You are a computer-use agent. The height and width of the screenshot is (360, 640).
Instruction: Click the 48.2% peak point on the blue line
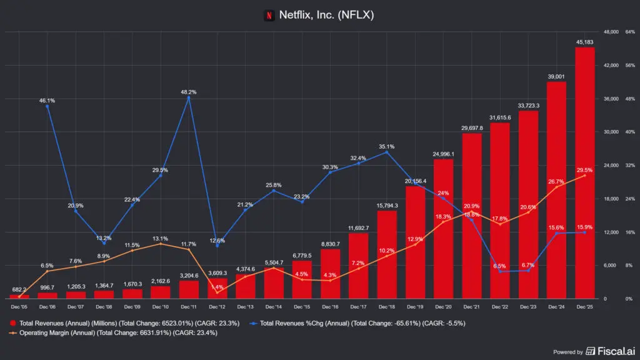[189, 97]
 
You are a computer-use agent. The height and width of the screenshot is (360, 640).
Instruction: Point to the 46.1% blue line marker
[47, 106]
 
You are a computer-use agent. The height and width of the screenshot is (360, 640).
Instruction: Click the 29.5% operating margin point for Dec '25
[585, 176]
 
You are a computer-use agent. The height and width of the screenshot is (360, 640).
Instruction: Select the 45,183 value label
[585, 42]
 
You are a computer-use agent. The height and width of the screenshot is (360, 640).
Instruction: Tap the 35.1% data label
[387, 147]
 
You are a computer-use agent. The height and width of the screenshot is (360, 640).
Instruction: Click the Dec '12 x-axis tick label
[217, 307]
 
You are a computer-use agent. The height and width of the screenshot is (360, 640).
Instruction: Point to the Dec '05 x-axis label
[19, 307]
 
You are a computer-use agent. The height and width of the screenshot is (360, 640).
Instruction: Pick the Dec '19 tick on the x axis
[415, 307]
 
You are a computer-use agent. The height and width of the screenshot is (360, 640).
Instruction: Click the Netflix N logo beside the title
[269, 14]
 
